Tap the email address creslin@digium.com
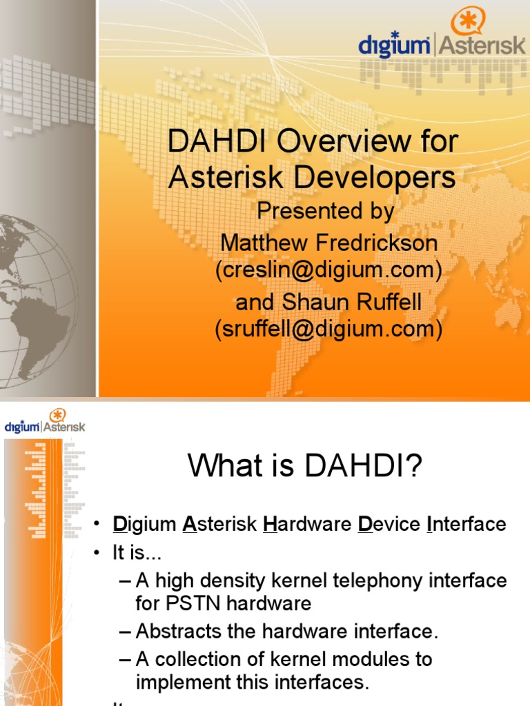tap(328, 270)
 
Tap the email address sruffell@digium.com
tap(328, 330)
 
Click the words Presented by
tap(325, 211)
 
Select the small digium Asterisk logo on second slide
tap(45, 422)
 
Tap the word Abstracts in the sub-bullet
tap(179, 631)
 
